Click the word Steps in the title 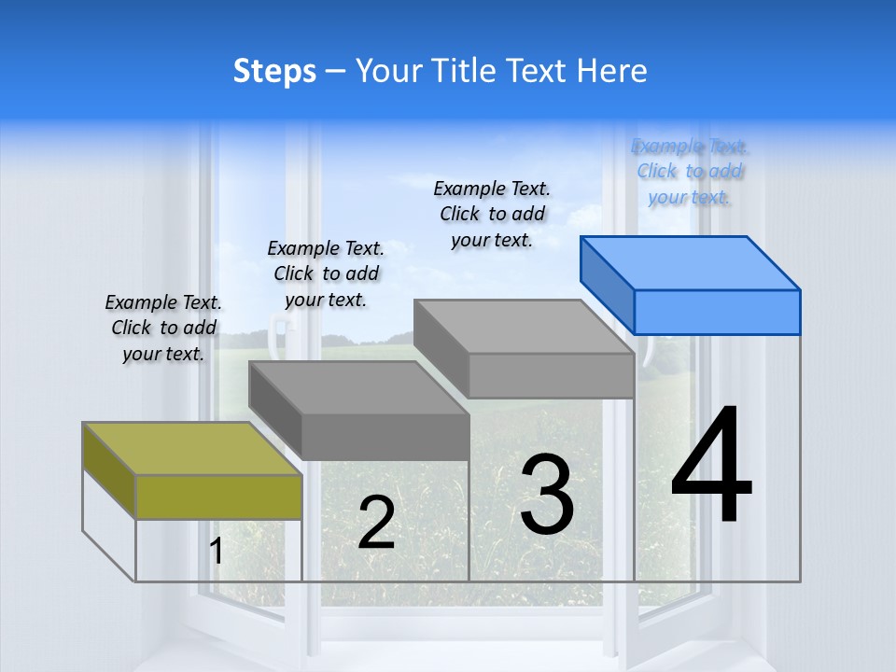pyautogui.click(x=274, y=71)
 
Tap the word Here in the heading pyautogui.click(x=612, y=71)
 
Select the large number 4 pyautogui.click(x=711, y=466)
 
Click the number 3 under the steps pyautogui.click(x=547, y=494)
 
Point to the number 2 pyautogui.click(x=376, y=523)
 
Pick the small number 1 pyautogui.click(x=217, y=551)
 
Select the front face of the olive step pyautogui.click(x=218, y=497)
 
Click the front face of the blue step pyautogui.click(x=717, y=312)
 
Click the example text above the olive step pyautogui.click(x=163, y=328)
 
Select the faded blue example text pyautogui.click(x=690, y=171)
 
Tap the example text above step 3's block pyautogui.click(x=492, y=214)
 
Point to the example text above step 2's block pyautogui.click(x=326, y=273)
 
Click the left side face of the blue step pyautogui.click(x=607, y=279)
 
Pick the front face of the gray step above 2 pyautogui.click(x=385, y=437)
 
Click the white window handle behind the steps pyautogui.click(x=277, y=331)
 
